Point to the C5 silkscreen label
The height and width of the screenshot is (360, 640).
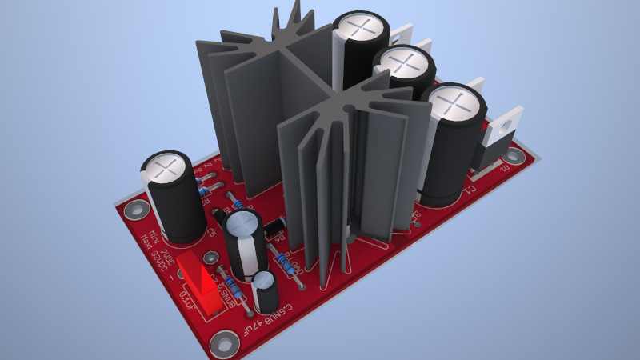tap(211, 233)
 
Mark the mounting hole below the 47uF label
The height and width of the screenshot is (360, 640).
tap(223, 346)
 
